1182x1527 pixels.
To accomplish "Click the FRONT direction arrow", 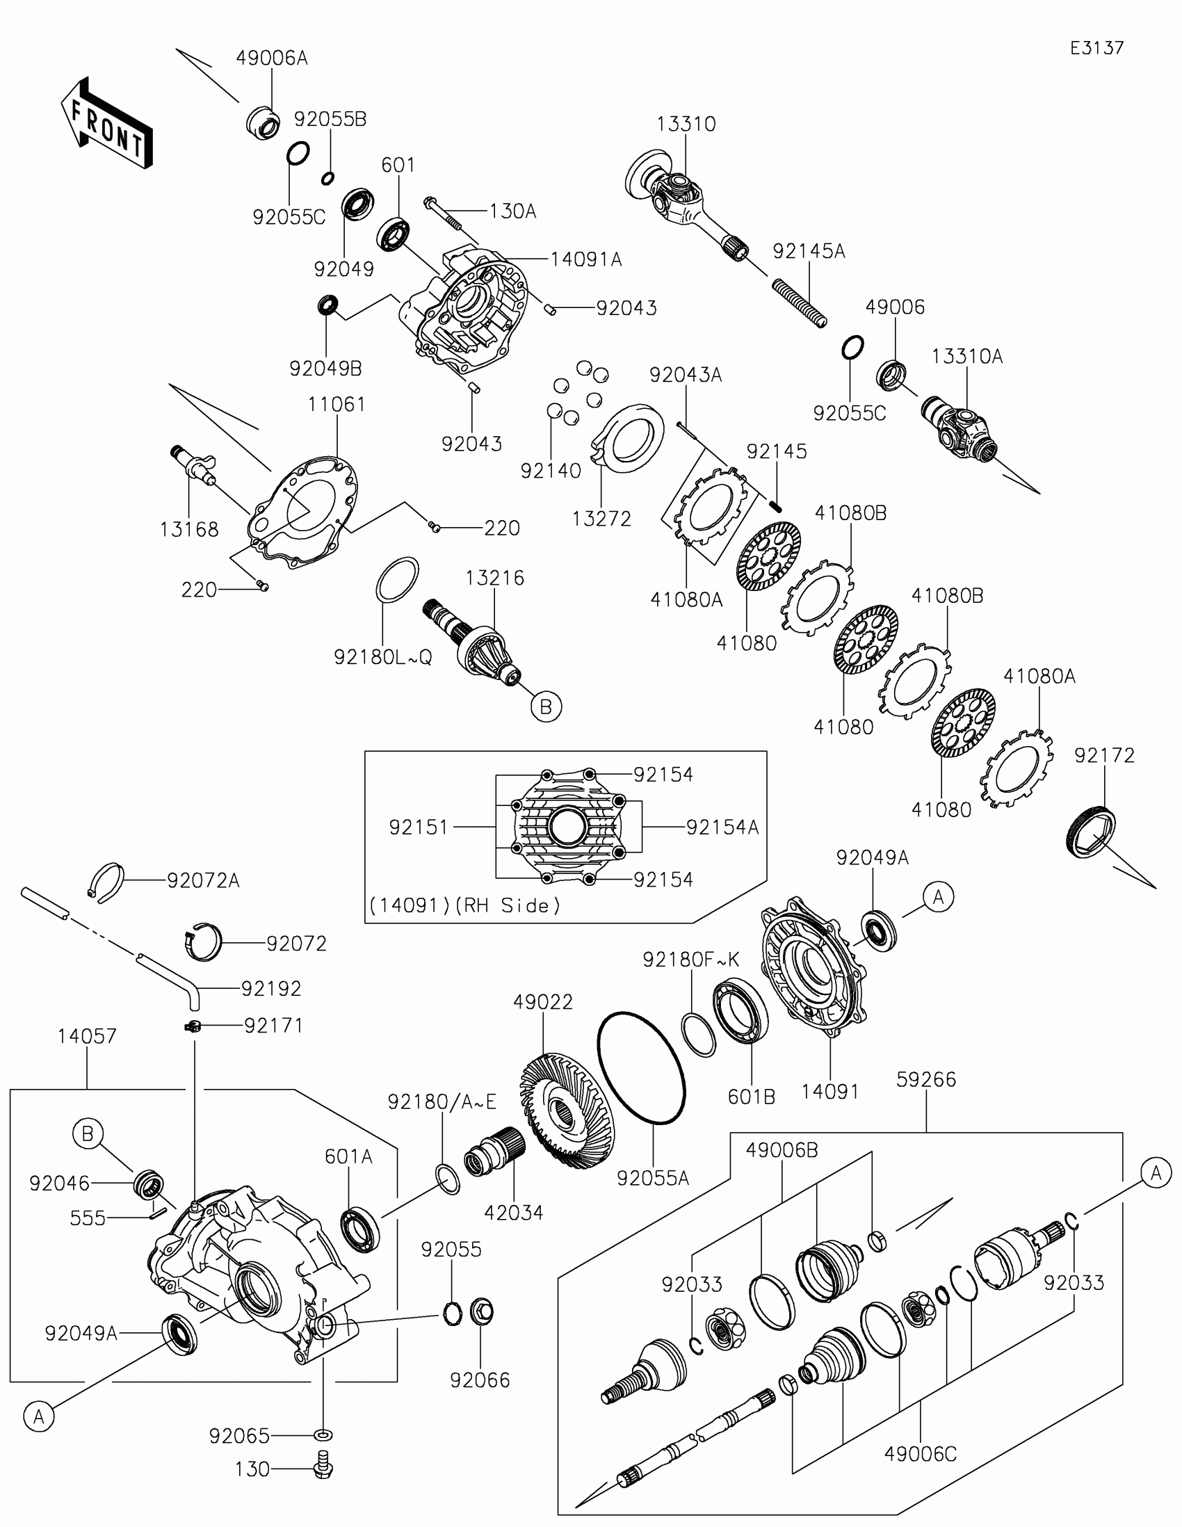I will point(107,123).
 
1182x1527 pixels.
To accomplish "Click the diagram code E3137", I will point(1096,48).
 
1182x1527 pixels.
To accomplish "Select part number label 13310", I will point(686,124).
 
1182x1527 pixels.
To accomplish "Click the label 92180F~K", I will point(690,960).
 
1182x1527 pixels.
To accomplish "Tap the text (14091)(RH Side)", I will point(465,905).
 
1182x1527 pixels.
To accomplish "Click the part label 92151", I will point(418,827).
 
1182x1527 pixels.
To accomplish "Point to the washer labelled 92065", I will point(323,1435).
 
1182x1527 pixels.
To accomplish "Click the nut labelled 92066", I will point(481,1311).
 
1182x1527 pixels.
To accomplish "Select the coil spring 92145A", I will point(800,302).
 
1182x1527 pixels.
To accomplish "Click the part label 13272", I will point(601,519).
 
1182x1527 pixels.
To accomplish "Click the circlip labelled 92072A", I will point(109,882).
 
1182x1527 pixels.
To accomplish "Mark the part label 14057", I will point(87,1035).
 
